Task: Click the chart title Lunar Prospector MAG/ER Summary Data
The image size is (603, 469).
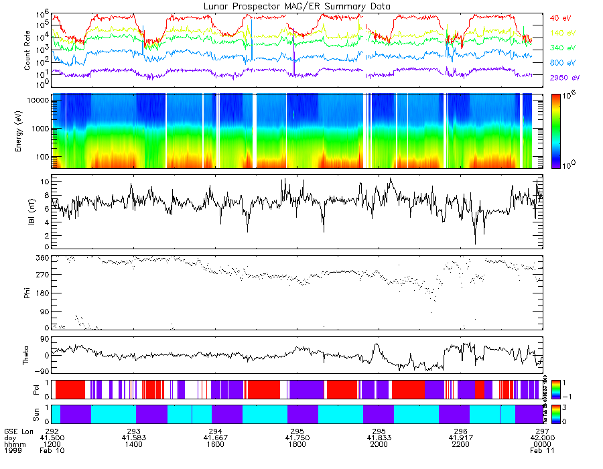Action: click(x=297, y=6)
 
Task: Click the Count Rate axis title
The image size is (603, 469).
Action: click(x=27, y=50)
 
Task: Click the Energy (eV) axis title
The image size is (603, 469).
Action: click(x=27, y=131)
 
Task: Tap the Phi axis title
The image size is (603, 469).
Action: click(x=27, y=293)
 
